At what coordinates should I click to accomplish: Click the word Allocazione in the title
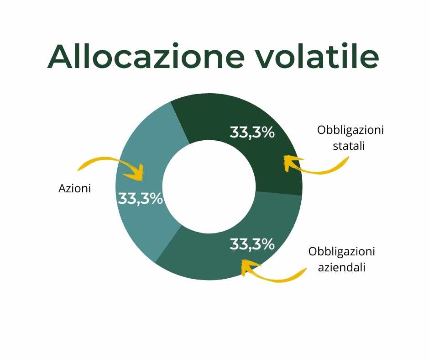(146, 56)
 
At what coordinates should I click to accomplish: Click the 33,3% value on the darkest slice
(252, 132)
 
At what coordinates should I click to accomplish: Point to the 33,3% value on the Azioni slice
(141, 198)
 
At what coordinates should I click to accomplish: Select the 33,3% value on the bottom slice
(252, 244)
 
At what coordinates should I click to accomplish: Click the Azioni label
(75, 189)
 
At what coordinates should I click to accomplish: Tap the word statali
(349, 145)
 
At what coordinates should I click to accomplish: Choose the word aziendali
(342, 267)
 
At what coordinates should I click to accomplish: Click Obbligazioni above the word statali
(351, 130)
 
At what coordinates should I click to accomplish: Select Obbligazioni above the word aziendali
(342, 252)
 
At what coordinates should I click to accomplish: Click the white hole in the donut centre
(209, 187)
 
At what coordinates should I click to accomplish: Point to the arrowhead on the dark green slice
(284, 156)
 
